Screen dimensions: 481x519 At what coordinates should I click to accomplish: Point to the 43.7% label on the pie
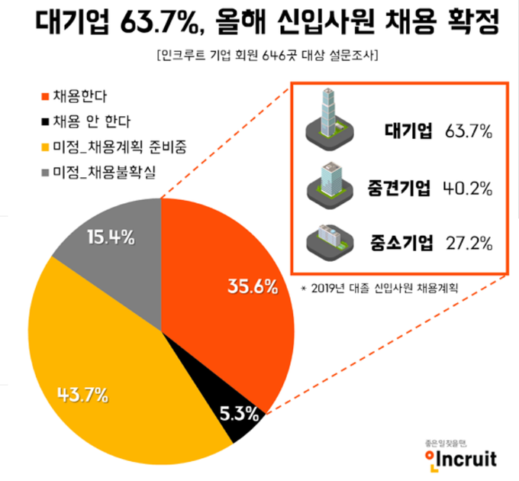coord(82,395)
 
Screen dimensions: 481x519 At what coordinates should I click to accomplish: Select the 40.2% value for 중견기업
coord(468,188)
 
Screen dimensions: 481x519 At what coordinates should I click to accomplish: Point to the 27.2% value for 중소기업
coord(468,244)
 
